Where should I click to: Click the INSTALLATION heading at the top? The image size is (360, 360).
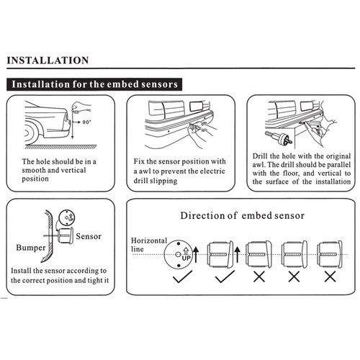[x=48, y=60]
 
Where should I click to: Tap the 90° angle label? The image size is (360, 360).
[x=86, y=122]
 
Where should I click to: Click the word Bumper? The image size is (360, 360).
[x=31, y=248]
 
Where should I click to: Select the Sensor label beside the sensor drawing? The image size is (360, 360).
[x=89, y=236]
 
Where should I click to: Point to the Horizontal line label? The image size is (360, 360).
[x=149, y=245]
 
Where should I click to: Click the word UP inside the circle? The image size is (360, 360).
[x=186, y=258]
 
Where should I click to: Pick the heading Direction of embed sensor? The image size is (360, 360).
[x=243, y=215]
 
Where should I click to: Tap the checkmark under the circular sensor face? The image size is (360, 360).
[x=182, y=276]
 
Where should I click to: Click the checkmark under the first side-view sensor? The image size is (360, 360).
[x=225, y=276]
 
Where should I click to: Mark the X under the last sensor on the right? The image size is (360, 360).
[x=330, y=276]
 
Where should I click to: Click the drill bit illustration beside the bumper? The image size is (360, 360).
[x=279, y=138]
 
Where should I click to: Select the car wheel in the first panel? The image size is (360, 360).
[x=30, y=133]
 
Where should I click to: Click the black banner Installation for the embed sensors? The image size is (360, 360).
[x=94, y=84]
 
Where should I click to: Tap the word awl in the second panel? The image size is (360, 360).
[x=145, y=171]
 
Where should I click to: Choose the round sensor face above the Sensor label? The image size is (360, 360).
[x=67, y=217]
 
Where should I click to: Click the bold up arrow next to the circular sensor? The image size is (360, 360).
[x=196, y=254]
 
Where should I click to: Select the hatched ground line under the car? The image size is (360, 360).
[x=60, y=147]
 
